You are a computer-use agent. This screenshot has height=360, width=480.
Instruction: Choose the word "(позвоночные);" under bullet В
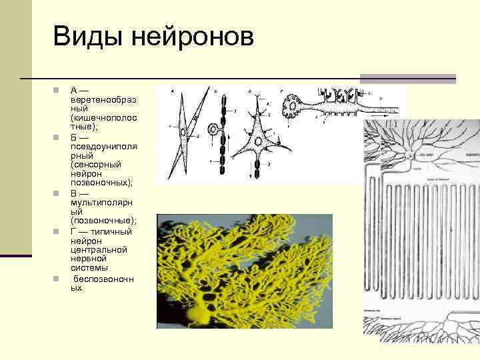coord(103,220)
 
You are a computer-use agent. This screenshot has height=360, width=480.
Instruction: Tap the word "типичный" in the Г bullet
coord(109,231)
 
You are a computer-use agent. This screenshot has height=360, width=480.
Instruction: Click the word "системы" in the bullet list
coord(91,268)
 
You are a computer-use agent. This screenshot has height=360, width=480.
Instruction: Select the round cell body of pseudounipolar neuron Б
coord(215,129)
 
